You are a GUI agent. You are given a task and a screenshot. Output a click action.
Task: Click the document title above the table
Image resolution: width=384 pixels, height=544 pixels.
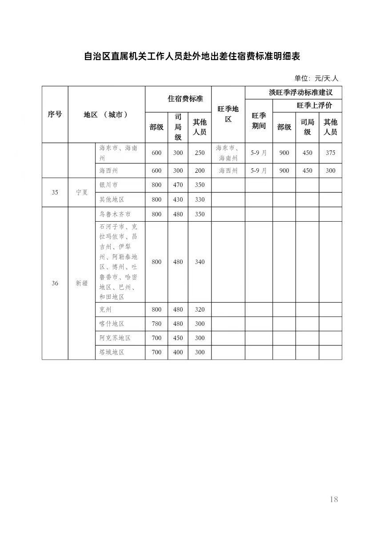(192, 57)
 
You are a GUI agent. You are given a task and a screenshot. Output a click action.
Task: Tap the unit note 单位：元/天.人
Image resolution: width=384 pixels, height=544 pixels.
(316, 78)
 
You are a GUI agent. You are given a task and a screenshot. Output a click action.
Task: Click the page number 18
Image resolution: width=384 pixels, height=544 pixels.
(334, 499)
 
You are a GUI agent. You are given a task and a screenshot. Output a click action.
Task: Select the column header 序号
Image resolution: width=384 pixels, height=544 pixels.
(55, 114)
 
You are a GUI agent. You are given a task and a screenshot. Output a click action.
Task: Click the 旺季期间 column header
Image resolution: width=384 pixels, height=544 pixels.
(259, 121)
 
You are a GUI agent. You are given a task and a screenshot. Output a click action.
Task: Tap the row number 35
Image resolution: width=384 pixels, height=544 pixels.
(55, 193)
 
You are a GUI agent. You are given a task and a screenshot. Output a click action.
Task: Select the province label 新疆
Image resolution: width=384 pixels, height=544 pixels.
(81, 283)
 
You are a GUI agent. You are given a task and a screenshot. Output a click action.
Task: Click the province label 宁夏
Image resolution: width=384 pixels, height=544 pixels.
(81, 193)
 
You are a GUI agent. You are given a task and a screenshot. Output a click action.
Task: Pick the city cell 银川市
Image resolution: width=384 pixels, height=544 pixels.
(109, 185)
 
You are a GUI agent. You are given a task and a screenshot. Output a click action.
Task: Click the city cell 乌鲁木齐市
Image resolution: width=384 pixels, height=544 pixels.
(115, 214)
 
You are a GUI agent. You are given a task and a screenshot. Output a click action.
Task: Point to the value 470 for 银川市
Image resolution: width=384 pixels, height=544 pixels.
(178, 185)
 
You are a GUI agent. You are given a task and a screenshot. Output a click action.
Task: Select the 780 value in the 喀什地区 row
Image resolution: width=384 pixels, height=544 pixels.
(156, 324)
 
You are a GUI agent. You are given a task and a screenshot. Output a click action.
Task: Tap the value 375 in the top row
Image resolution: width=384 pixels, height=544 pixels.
(330, 153)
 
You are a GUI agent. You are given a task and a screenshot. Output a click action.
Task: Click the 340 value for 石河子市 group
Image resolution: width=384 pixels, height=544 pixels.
(200, 262)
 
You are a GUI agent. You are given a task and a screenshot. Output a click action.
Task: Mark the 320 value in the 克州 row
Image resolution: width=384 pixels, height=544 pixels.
(200, 309)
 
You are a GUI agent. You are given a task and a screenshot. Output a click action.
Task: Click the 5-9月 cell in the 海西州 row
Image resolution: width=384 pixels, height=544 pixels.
(259, 171)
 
